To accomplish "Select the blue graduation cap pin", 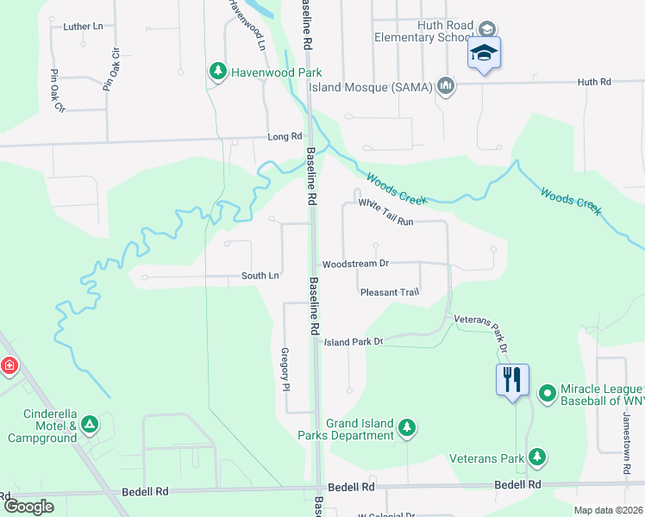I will [484, 53].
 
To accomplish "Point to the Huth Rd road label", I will [593, 82].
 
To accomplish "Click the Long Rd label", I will [285, 136].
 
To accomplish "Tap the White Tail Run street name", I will [386, 212].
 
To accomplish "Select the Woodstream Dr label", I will [355, 264].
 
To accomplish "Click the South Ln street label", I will [260, 276].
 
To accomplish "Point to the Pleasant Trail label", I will [389, 292].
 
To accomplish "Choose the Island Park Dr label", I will [353, 342].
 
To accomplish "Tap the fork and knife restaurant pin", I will [512, 378].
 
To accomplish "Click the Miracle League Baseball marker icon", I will [546, 394].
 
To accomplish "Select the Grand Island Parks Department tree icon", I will [406, 427].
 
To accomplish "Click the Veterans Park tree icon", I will [537, 454].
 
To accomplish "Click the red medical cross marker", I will [9, 365].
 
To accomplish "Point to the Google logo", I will [28, 507].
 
